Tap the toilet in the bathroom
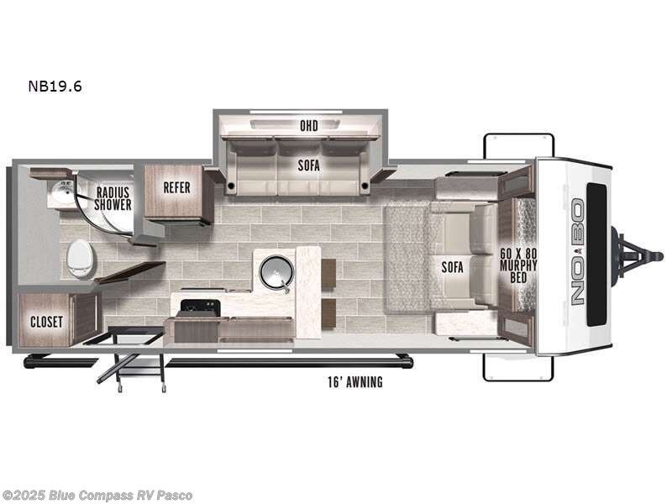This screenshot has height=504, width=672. tap(80, 258)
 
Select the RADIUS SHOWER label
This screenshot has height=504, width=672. tap(113, 198)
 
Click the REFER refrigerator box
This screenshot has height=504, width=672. tap(177, 188)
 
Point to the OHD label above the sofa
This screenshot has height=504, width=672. tap(308, 126)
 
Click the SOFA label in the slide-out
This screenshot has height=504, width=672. tap(308, 165)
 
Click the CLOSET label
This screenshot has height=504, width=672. tap(47, 322)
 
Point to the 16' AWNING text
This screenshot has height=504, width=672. tap(354, 383)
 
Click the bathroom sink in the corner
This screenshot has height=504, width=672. tap(59, 196)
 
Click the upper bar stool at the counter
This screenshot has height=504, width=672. tap(328, 272)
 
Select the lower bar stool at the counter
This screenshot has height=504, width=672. tap(328, 313)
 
